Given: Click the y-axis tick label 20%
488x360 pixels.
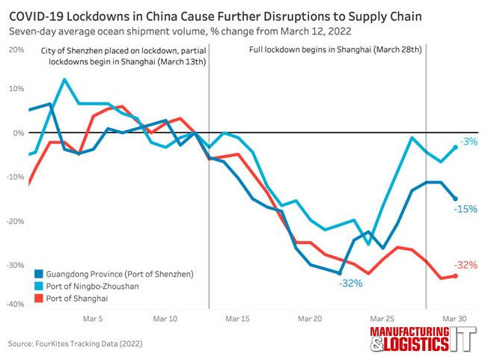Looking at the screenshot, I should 15,49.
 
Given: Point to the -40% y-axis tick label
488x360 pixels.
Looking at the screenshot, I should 15,305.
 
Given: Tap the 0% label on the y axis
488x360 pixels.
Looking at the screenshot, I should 19,133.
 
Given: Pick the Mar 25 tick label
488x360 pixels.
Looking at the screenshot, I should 382,319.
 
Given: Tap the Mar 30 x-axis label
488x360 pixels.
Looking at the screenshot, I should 455,319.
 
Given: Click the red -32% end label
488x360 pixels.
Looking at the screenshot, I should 466,265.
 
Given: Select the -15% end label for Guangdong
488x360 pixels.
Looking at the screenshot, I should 466,209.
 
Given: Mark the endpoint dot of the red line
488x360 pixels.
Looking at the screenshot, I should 455,276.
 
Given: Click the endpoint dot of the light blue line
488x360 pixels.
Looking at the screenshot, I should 455,147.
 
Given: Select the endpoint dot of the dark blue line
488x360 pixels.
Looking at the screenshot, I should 455,198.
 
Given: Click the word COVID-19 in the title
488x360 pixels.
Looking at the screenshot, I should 35,15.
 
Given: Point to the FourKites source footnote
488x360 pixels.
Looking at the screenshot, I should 75,344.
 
